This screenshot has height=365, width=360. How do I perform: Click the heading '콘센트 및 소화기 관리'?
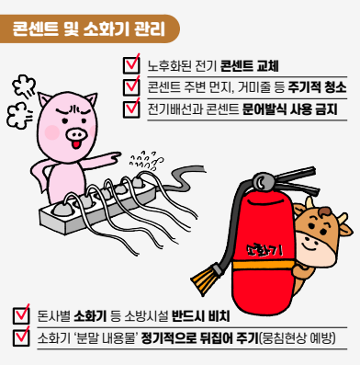89,29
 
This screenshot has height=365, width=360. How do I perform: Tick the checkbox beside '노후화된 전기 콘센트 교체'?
131,65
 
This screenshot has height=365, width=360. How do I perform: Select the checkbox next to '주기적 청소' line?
131,87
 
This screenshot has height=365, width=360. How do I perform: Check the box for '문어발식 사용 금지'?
131,109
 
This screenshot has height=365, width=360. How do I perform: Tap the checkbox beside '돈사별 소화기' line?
21,315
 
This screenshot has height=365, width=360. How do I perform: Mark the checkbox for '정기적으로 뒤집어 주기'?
21,337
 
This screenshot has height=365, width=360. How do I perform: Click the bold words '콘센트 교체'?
249,66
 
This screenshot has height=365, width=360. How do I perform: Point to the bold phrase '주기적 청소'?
317,87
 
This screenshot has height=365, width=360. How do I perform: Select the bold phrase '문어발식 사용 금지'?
289,109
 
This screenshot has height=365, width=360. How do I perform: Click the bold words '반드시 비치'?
200,316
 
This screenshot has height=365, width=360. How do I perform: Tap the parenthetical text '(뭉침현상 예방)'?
298,338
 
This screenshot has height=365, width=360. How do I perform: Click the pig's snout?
75,133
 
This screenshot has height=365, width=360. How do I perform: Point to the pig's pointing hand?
113,156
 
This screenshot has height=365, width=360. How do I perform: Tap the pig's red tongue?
75,144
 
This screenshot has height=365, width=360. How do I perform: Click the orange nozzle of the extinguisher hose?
203,279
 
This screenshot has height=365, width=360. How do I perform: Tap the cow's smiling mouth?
309,244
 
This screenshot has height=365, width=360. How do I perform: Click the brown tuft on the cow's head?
324,211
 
